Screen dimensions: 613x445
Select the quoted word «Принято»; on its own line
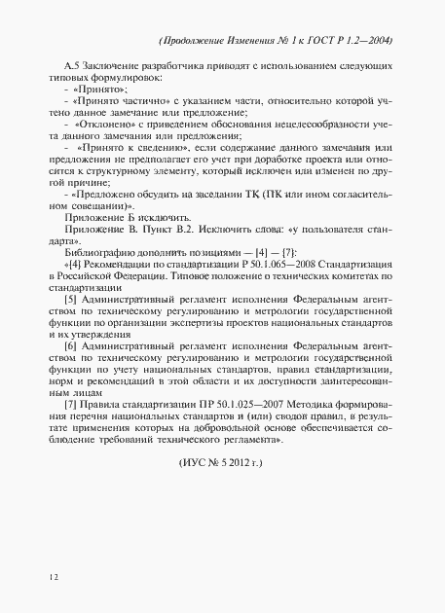click(x=95, y=89)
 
